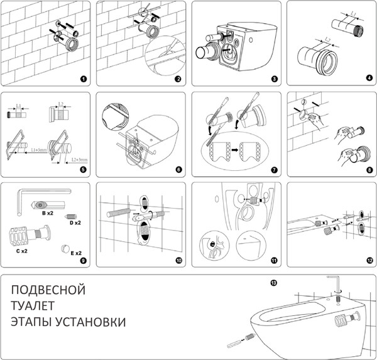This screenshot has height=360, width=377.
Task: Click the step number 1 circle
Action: pos(84,80)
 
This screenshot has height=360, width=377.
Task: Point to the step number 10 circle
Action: pos(178,259)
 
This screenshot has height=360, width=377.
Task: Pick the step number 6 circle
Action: pos(178,170)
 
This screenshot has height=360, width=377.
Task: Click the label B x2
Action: pos(46,214)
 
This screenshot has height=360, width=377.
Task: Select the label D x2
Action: pos(75,222)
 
